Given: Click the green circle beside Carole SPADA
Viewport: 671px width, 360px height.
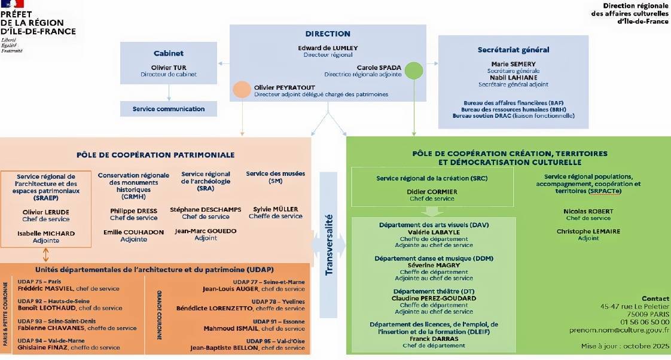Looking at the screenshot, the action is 414,71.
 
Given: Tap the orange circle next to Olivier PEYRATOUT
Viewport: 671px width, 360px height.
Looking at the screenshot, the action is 242,90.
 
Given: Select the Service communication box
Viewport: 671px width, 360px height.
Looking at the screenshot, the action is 169,109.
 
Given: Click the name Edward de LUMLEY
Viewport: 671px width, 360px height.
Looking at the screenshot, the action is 328,48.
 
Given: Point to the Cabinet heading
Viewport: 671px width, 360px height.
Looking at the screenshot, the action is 169,53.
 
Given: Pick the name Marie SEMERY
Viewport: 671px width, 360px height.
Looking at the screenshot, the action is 514,64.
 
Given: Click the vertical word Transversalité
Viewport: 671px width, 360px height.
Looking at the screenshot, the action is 329,245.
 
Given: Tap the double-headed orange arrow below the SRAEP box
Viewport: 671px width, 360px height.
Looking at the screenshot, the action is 46,255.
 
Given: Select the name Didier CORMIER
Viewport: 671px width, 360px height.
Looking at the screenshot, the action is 432,192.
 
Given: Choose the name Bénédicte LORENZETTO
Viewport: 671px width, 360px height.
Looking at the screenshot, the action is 214,308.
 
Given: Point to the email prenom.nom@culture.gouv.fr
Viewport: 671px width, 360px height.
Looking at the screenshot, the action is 619,330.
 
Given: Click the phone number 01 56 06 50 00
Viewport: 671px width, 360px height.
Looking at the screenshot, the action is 645,322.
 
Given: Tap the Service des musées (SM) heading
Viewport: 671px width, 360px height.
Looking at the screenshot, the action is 276,177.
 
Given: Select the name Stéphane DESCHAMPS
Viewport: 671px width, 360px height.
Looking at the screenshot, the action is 205,210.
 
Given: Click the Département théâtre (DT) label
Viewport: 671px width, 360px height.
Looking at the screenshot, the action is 434,291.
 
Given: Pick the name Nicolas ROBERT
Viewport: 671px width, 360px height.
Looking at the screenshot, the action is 588,212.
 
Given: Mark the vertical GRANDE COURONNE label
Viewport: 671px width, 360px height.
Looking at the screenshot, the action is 159,315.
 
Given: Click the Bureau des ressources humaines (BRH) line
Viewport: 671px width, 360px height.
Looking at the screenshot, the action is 514,109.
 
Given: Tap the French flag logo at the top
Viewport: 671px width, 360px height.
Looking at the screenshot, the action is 13,4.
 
